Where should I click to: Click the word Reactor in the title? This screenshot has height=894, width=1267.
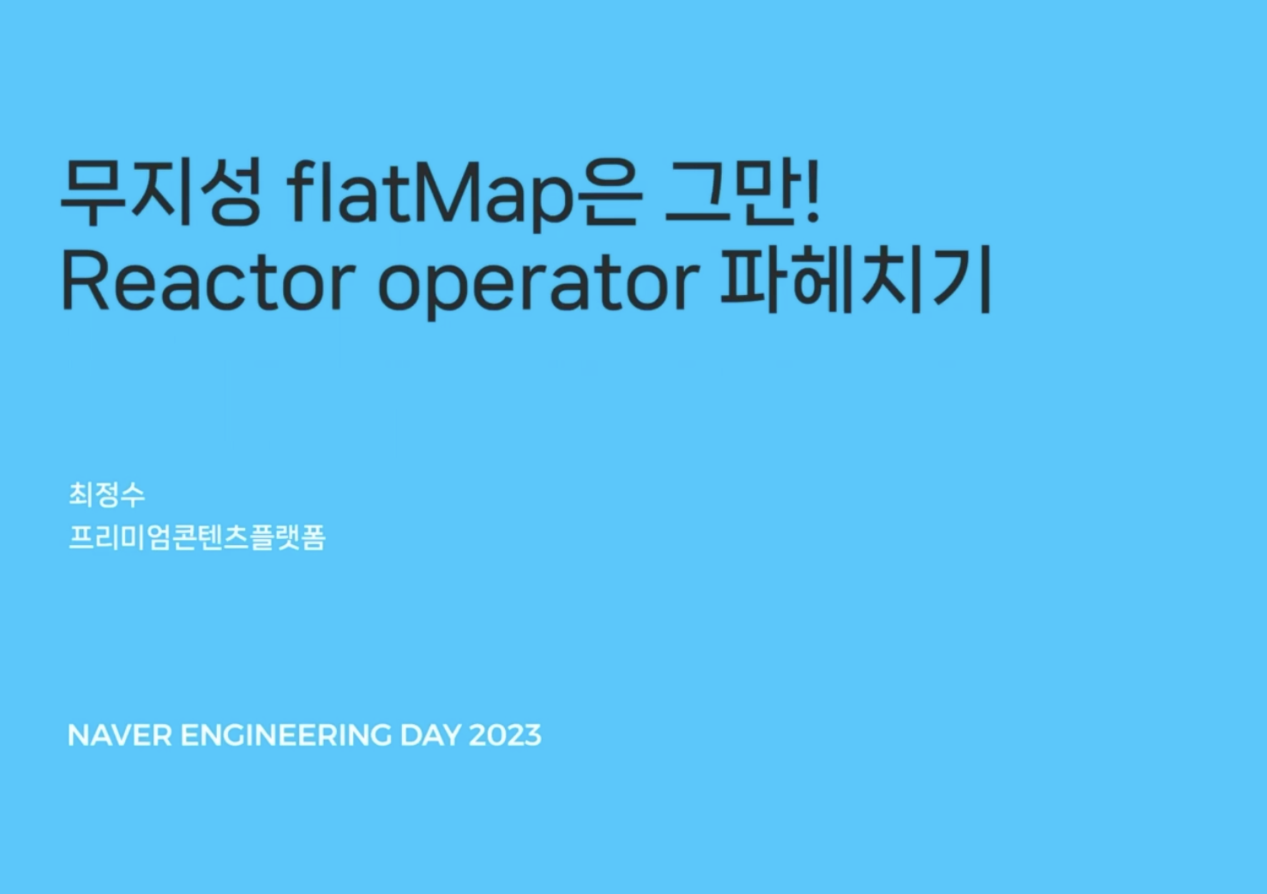(208, 281)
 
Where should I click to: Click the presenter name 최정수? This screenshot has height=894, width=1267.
(106, 494)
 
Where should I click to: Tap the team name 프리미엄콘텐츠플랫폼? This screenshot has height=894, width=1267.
(196, 537)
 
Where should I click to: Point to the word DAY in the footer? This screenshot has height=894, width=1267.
(430, 735)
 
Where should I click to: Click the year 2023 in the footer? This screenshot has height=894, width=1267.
(505, 735)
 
